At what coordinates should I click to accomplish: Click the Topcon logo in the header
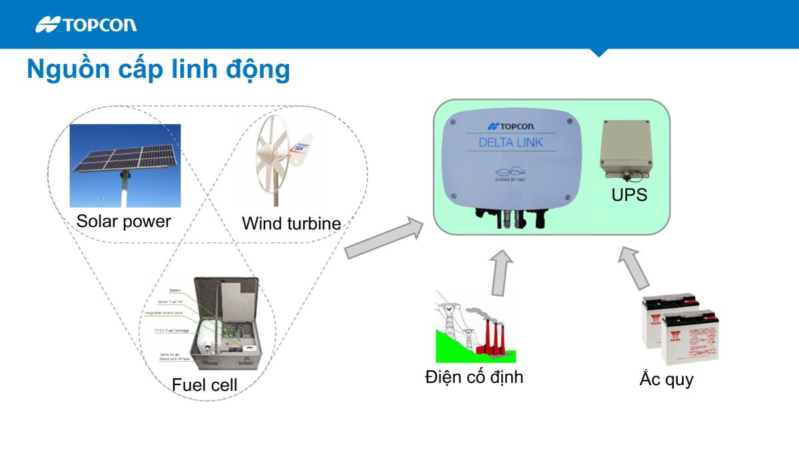(87, 25)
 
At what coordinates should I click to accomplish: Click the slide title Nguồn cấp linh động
(158, 70)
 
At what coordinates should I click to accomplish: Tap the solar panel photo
(125, 166)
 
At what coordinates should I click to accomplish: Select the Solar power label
(124, 222)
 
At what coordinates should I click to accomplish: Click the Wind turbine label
(291, 224)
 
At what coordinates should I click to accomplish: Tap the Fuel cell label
(204, 384)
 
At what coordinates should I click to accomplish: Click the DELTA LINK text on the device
(511, 142)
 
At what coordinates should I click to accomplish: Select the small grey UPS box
(625, 150)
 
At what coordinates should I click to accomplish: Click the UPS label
(629, 196)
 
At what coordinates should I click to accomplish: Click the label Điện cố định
(474, 377)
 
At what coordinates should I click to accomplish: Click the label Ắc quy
(666, 380)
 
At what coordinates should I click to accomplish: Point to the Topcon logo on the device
(511, 126)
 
